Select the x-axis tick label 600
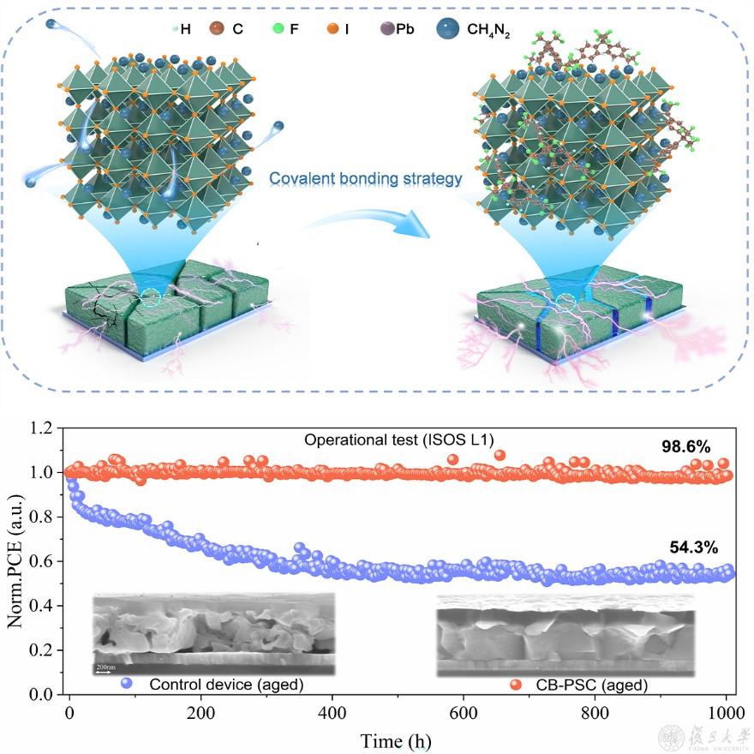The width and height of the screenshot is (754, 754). pos(464,712)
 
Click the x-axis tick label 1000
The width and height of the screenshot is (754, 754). pos(725,712)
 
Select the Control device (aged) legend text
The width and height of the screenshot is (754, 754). pos(226,685)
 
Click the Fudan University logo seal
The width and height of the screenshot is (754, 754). pos(670,737)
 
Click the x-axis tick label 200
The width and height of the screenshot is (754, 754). pos(200,712)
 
